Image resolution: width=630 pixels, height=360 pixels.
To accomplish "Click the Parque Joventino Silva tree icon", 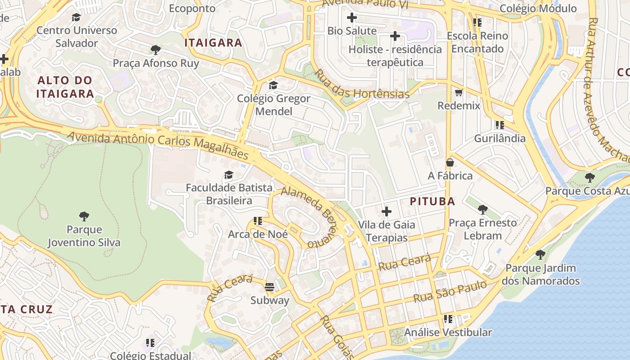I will click(x=84, y=216).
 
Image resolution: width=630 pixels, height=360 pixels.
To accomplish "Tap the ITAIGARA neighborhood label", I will click(x=213, y=43).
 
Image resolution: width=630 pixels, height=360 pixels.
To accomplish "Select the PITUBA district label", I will click(x=432, y=202).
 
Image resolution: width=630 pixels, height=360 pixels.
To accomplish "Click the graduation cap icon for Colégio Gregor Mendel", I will click(x=273, y=85).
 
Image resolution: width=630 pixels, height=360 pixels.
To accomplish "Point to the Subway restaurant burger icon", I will click(x=270, y=287).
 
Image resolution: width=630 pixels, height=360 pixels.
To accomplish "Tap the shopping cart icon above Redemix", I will click(x=459, y=93).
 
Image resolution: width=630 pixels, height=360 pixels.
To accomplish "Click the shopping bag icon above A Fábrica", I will click(x=450, y=162).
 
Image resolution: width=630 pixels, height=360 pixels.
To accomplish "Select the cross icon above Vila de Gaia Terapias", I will click(x=386, y=211).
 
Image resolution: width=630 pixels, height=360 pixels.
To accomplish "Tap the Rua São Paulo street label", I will click(x=450, y=292).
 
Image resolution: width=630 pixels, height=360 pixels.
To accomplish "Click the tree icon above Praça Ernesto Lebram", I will click(x=482, y=209).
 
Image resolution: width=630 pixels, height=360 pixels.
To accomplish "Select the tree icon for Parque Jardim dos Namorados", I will click(x=540, y=255).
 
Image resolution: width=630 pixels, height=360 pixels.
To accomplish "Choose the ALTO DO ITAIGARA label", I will click(x=65, y=87).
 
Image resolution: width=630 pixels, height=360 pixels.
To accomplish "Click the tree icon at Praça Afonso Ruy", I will click(x=156, y=50).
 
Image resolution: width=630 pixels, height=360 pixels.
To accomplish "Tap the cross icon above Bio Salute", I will click(x=352, y=18).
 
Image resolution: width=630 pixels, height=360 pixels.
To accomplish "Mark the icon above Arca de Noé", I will click(x=258, y=221).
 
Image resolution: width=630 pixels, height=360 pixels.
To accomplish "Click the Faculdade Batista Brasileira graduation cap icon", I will click(x=229, y=175).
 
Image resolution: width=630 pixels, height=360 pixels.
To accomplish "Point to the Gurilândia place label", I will click(x=499, y=138).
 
